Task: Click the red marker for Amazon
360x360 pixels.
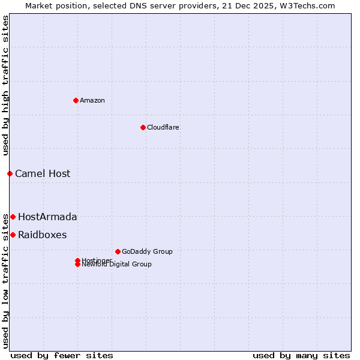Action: point(76,100)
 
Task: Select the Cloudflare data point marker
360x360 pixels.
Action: point(143,127)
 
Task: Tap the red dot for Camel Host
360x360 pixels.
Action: point(10,173)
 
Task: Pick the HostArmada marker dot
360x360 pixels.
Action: point(13,217)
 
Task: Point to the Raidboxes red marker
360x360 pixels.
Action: point(13,235)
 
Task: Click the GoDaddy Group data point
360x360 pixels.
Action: point(118,251)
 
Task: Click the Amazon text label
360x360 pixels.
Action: point(92,100)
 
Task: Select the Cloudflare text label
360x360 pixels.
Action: point(163,127)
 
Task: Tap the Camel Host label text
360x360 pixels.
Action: point(43,173)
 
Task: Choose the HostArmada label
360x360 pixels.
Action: point(47,217)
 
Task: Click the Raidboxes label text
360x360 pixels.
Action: point(43,235)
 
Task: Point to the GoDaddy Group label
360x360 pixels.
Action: point(147,251)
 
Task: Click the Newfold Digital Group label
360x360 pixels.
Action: point(117,264)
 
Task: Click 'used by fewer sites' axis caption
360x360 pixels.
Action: point(62,355)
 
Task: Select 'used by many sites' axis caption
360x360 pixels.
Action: point(301,355)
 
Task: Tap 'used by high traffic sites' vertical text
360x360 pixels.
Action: point(5,86)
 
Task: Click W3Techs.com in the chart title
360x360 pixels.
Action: point(308,5)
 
